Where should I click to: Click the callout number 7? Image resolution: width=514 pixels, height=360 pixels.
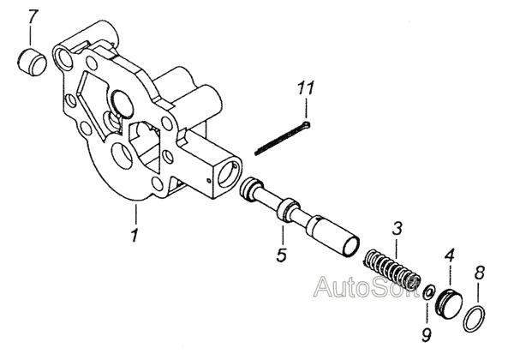click(33, 16)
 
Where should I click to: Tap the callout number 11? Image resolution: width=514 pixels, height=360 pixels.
click(306, 87)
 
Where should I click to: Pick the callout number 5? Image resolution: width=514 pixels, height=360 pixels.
click(281, 255)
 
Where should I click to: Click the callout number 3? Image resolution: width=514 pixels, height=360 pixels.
click(397, 228)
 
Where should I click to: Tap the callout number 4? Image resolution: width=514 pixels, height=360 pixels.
click(449, 255)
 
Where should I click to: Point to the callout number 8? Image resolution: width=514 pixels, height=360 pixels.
click(480, 273)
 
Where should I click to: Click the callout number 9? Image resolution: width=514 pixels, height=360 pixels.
click(426, 334)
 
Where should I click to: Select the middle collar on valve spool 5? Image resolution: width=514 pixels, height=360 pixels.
click(288, 209)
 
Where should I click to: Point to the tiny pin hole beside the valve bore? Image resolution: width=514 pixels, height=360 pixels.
click(209, 180)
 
